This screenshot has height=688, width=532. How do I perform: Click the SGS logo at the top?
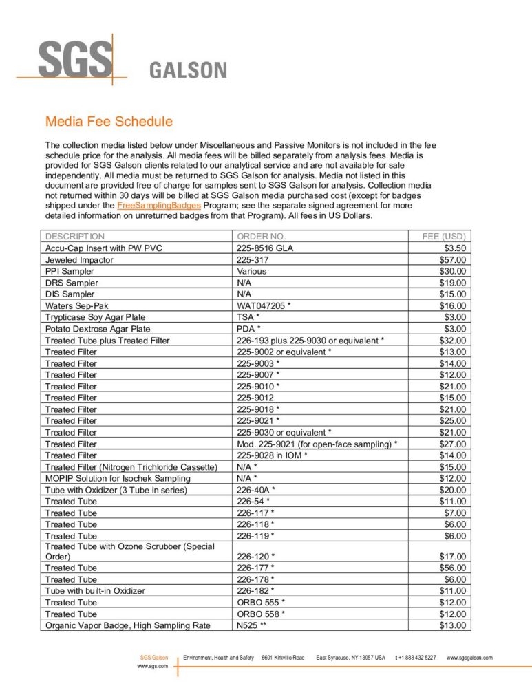(74, 59)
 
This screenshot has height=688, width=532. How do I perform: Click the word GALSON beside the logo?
(188, 70)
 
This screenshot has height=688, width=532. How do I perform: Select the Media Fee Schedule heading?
(109, 122)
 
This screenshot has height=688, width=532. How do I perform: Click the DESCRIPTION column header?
(75, 236)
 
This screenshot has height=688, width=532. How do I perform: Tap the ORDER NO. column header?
(260, 236)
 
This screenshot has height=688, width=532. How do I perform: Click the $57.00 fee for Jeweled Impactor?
(453, 259)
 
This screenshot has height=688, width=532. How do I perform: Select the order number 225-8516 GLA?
(265, 248)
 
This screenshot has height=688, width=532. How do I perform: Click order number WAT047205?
(262, 305)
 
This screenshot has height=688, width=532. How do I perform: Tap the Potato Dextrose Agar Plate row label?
(98, 328)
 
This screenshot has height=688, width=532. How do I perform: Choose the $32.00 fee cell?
(453, 340)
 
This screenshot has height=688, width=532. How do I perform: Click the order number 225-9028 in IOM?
(272, 455)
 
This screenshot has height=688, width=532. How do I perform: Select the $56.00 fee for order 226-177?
(453, 568)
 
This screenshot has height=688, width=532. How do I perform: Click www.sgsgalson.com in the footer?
(469, 658)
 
